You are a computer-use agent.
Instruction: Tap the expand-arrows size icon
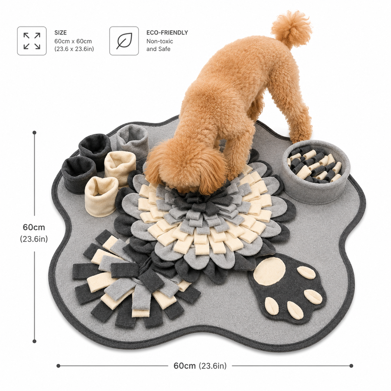pyautogui.click(x=32, y=41)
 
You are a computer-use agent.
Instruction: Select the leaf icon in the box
pyautogui.click(x=124, y=41)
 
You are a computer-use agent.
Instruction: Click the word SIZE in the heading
pyautogui.click(x=60, y=33)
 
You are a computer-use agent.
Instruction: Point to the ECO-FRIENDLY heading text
pyautogui.click(x=167, y=33)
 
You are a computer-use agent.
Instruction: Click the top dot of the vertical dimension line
pyautogui.click(x=35, y=133)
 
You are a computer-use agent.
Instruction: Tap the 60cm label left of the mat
pyautogui.click(x=34, y=227)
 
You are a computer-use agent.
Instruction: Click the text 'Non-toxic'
pyautogui.click(x=160, y=41)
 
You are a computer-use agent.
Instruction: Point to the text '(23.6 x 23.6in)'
pyautogui.click(x=74, y=49)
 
